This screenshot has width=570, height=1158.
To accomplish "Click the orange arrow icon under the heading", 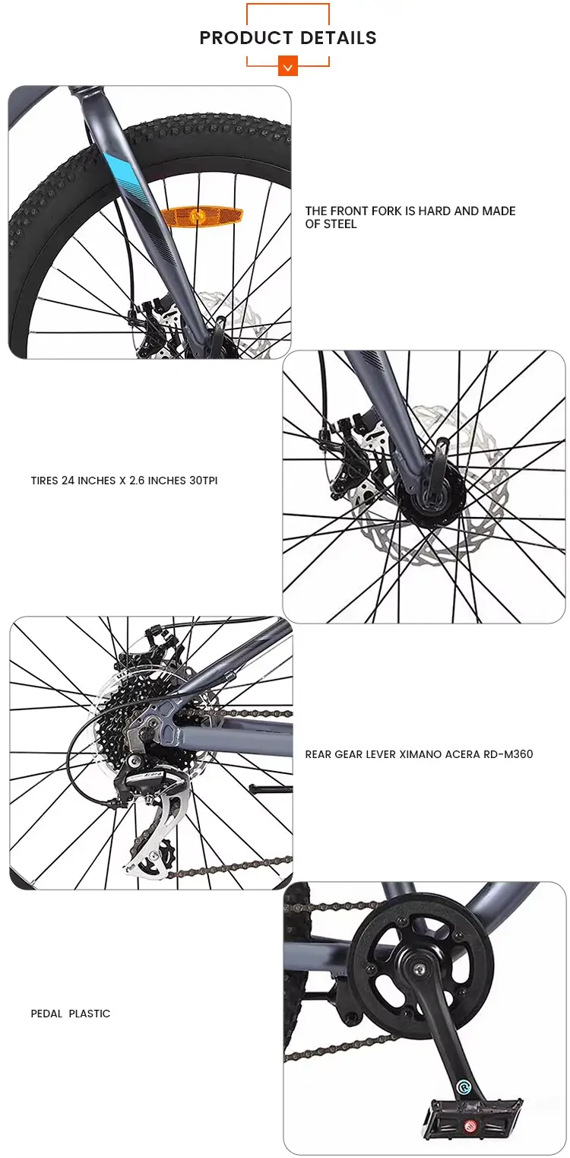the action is click(288, 67).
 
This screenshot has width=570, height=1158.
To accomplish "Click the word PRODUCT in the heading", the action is click(246, 38).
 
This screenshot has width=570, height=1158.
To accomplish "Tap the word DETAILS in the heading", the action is click(338, 38).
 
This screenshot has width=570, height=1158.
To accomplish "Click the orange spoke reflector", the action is click(201, 214).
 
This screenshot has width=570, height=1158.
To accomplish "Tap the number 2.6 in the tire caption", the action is click(137, 481).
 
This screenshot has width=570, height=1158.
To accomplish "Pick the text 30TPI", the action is click(203, 481).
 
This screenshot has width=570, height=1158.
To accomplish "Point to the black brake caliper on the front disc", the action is click(354, 455).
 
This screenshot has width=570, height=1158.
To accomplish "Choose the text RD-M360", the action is click(508, 754).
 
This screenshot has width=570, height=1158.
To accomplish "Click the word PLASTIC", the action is click(90, 1014).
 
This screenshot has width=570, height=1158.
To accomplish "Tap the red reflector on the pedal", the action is click(470, 1125).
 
